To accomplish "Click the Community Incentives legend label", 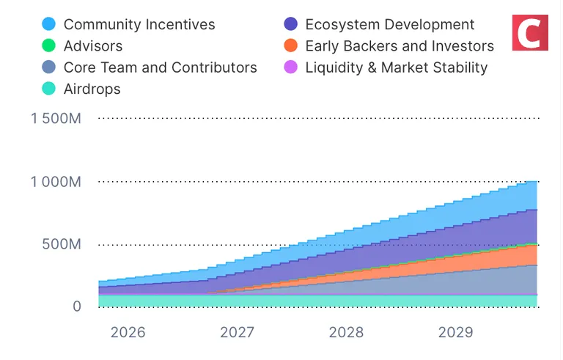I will pos(139,24).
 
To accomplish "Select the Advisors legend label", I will pos(93,46).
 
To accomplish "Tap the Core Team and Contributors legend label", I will pos(160,67).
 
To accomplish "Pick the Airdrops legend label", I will pos(92,89).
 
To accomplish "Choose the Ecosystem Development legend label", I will pos(390,24).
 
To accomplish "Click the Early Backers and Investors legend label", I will pos(400,46).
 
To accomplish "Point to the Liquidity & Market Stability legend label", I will pos(396,67).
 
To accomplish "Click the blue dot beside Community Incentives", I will pos(49,24).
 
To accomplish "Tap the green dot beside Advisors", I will pos(49,46).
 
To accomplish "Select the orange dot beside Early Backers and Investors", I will pos(291,46).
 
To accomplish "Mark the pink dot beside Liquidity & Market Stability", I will pos(291,67).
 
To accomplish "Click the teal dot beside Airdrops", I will pos(49,89).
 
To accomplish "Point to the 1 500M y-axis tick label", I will pos(56,118).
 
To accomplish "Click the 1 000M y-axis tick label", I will pos(56,181).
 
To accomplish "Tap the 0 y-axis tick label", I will pos(76,306).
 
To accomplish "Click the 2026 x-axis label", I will pos(128,332).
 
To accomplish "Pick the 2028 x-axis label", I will pos(346,332).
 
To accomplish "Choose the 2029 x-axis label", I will pos(455,332).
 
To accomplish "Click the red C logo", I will pos(530,32).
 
